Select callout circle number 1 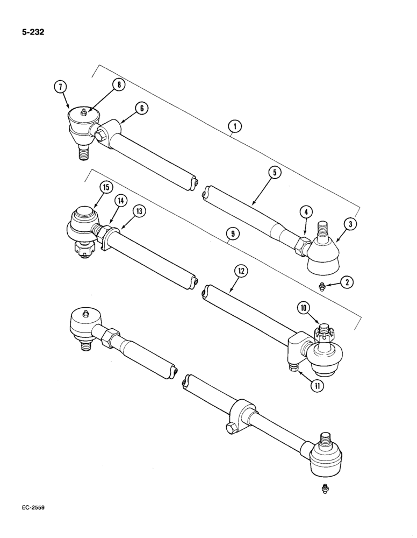pyautogui.click(x=234, y=128)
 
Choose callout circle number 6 pyautogui.click(x=141, y=109)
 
